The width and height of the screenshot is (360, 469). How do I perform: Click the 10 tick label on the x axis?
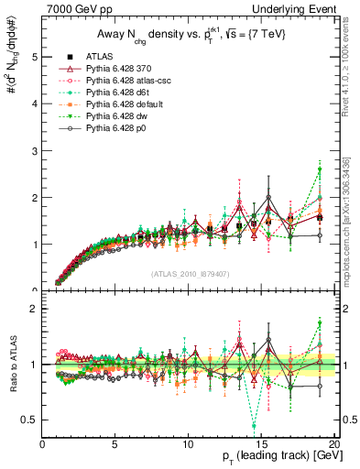188,443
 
